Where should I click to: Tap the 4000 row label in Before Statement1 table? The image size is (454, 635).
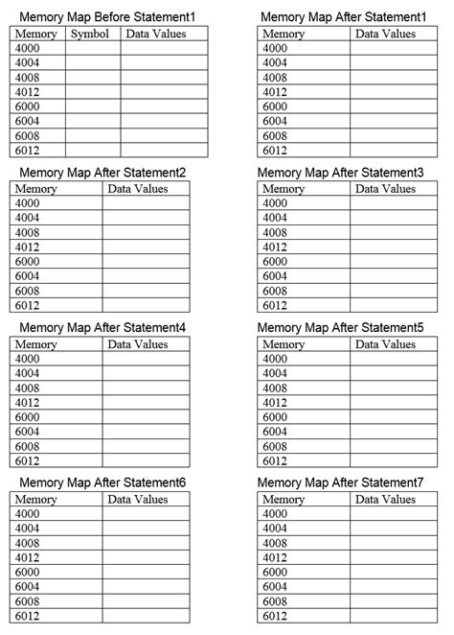coord(28,48)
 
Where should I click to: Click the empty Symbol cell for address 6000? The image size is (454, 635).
coord(92,106)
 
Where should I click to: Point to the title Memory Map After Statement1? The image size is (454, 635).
coord(342,17)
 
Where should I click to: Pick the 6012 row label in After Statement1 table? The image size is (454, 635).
coord(274,151)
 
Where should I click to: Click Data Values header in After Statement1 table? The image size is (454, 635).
coord(385,34)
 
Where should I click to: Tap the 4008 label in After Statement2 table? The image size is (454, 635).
coord(28,232)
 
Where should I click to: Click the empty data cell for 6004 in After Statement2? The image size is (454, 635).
coord(146,276)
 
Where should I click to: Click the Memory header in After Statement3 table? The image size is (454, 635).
coord(283,189)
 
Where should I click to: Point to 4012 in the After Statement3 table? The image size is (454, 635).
coord(274,247)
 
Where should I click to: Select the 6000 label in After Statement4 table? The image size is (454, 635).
coord(28,417)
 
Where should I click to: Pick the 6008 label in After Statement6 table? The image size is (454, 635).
coord(28,601)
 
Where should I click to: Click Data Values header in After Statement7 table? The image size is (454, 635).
coord(385,500)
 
